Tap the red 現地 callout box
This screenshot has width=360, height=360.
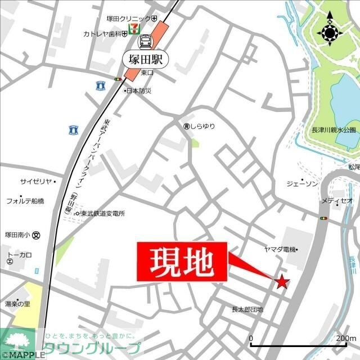tap(182, 261)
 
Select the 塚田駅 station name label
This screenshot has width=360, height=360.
tap(145, 58)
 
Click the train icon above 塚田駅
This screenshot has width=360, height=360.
tap(146, 41)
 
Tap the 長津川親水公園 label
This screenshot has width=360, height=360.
tap(334, 130)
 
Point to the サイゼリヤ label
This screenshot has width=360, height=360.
tap(36, 182)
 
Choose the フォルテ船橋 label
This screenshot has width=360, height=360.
tap(25, 201)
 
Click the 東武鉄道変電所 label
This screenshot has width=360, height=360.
tap(102, 214)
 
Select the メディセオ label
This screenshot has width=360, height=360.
tap(337, 200)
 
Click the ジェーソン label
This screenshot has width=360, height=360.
tap(302, 184)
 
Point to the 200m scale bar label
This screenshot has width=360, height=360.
tap(345, 338)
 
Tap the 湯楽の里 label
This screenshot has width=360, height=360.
tap(17, 304)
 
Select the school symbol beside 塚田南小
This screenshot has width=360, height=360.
tap(37, 235)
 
